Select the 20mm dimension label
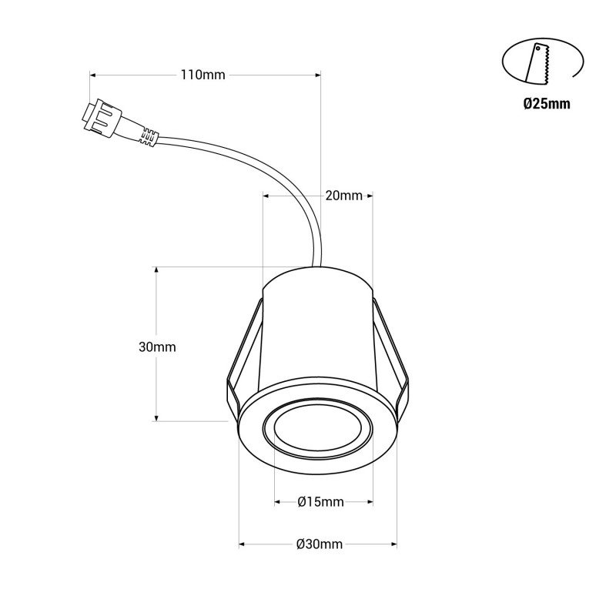click(343, 196)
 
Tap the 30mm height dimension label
click(157, 346)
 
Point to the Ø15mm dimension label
click(320, 503)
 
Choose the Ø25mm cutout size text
click(546, 104)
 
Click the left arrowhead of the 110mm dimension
click(94, 75)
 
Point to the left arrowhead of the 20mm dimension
click(266, 196)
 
